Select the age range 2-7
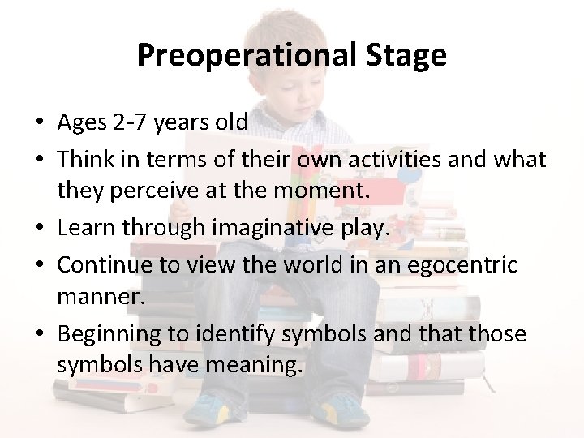click(132, 122)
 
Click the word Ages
click(84, 122)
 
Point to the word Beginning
click(109, 333)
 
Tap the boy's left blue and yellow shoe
click(219, 410)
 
